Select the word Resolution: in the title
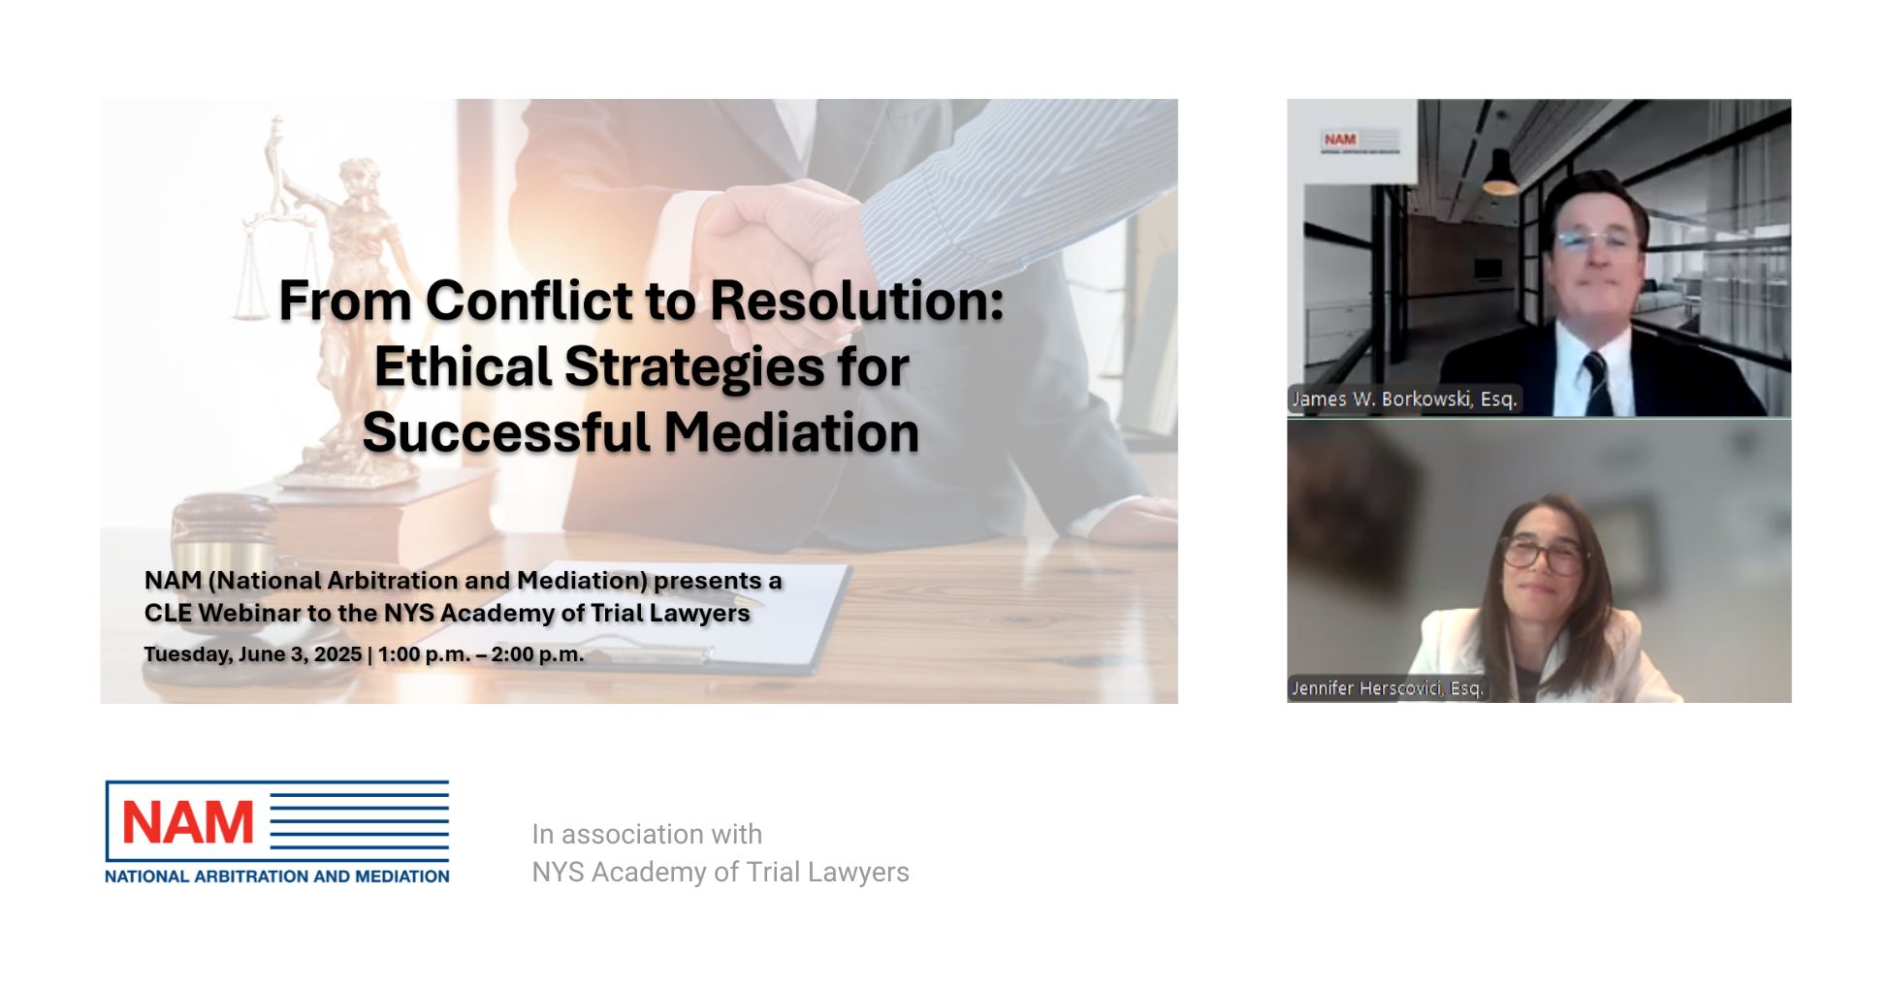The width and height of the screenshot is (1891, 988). [857, 301]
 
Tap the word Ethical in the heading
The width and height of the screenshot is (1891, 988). [463, 367]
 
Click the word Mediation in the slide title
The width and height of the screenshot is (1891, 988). [791, 432]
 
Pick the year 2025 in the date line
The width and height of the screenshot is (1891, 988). [337, 654]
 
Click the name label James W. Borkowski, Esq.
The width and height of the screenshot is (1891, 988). [1403, 398]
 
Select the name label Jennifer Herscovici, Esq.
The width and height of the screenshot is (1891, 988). [1387, 687]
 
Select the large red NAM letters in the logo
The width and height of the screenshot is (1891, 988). [188, 823]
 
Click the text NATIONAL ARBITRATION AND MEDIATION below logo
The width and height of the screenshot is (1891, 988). [277, 876]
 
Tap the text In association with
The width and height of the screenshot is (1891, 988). [647, 834]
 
